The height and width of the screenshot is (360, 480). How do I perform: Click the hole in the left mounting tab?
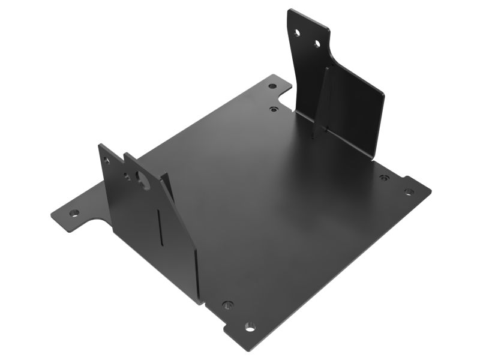pos(74,212)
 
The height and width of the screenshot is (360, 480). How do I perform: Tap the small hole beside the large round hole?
pos(127,177)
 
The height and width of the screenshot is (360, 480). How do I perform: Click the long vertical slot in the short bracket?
pos(158,227)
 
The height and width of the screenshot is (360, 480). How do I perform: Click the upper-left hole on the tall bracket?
pos(297,33)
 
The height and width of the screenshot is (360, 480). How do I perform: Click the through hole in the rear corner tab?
pos(272,86)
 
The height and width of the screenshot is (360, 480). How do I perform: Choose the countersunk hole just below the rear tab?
pos(274,109)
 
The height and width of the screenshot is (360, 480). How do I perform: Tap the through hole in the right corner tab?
pos(409,192)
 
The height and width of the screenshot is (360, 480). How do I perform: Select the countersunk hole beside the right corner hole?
pos(384,178)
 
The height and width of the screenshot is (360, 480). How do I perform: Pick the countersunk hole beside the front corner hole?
pos(227,305)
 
